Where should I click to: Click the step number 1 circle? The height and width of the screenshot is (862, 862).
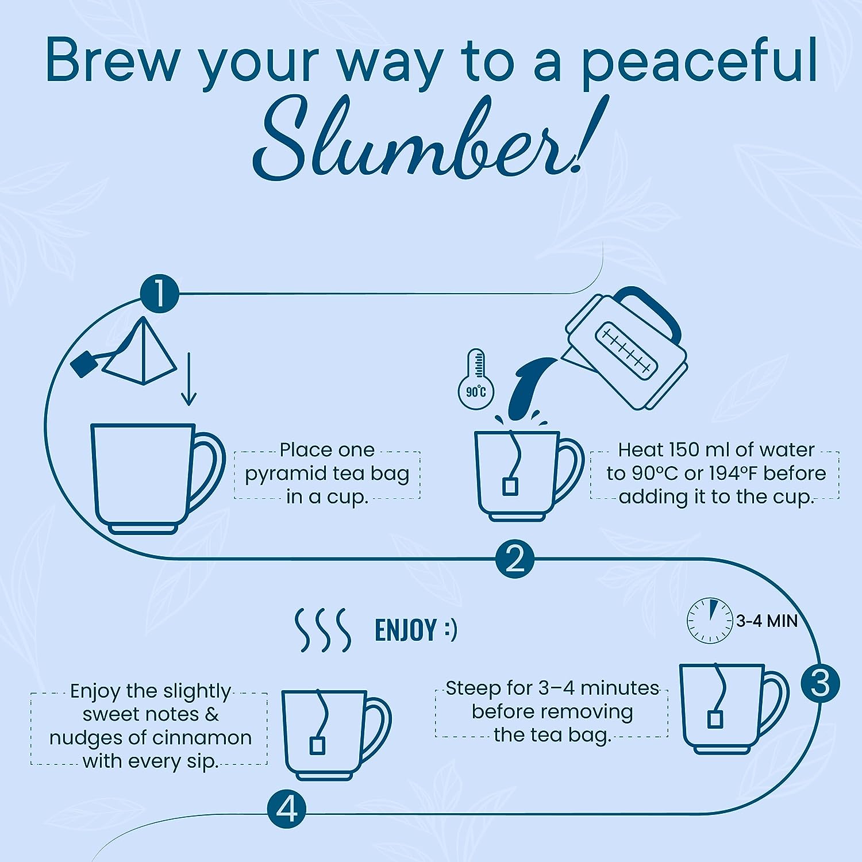click(x=160, y=294)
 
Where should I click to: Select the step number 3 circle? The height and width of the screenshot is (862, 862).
click(x=820, y=683)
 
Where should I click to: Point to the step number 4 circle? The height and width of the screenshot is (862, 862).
click(x=287, y=810)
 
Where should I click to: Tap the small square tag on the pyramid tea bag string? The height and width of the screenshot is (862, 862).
click(x=83, y=364)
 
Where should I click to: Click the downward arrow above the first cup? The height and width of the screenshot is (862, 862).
click(x=188, y=380)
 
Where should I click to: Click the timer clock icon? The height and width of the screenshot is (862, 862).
click(x=711, y=620)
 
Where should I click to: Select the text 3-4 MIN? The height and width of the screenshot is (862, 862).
click(x=767, y=621)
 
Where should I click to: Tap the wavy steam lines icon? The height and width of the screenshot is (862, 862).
click(x=323, y=630)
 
